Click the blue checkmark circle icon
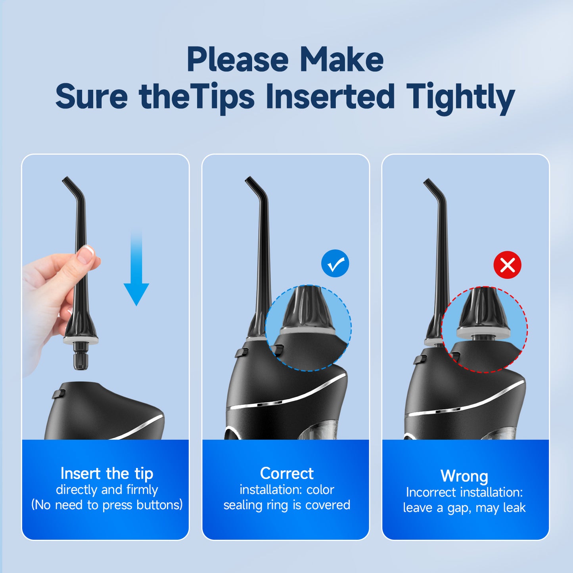[335, 263]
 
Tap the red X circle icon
[507, 265]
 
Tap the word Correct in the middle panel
[286, 473]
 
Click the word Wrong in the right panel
[464, 476]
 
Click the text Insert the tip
[107, 473]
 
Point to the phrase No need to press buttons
[107, 505]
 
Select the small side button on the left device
[59, 394]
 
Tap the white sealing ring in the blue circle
[308, 331]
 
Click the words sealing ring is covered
[286, 505]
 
